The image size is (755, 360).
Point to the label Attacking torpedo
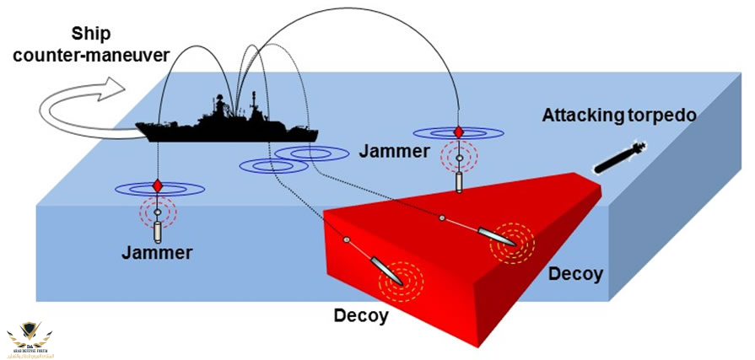619,115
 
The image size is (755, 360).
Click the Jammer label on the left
157,251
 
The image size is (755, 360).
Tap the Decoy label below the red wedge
361,316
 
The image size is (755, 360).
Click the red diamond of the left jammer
158,186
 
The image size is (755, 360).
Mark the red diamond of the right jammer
458,132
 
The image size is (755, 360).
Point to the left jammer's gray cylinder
158,229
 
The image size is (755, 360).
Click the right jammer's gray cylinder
458,180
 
